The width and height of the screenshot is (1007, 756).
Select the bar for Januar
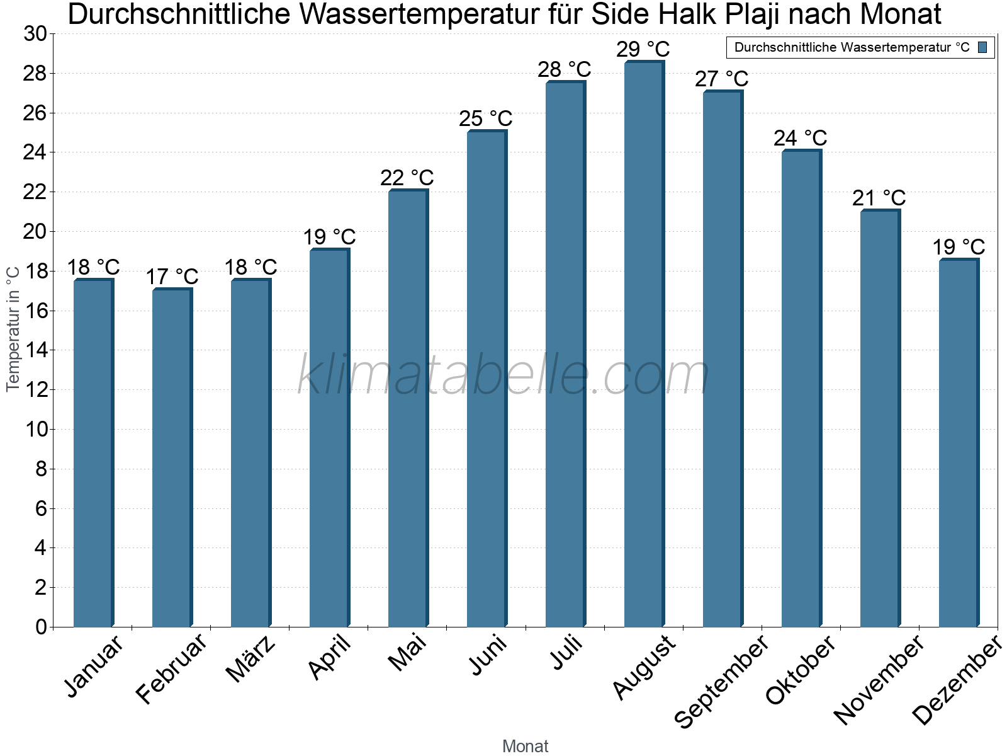pyautogui.click(x=93, y=454)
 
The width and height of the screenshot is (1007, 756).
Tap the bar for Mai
pyautogui.click(x=408, y=409)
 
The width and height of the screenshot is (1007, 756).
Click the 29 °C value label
pyautogui.click(x=643, y=49)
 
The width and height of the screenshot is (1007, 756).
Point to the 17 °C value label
pyautogui.click(x=172, y=277)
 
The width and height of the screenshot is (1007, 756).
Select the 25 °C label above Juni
pyautogui.click(x=485, y=118)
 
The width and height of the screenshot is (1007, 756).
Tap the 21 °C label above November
pyautogui.click(x=879, y=198)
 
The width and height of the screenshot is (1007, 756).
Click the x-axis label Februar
pyautogui.click(x=172, y=669)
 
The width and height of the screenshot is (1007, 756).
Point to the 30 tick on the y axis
pyautogui.click(x=35, y=34)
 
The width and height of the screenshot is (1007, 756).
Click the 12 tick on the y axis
pyautogui.click(x=35, y=390)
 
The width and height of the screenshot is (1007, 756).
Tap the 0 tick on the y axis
pyautogui.click(x=42, y=627)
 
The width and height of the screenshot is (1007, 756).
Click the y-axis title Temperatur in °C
pyautogui.click(x=13, y=329)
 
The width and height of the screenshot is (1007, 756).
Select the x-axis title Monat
pyautogui.click(x=525, y=746)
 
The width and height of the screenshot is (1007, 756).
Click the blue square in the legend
pyautogui.click(x=982, y=47)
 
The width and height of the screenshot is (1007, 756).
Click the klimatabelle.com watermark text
pyautogui.click(x=503, y=375)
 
